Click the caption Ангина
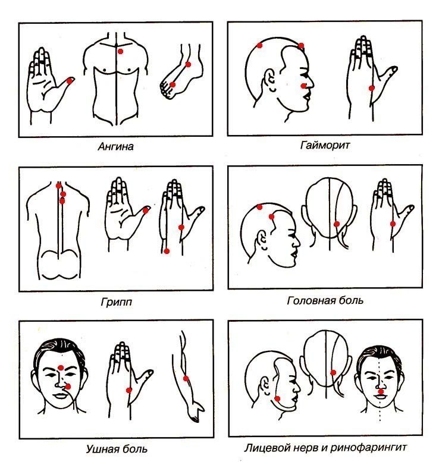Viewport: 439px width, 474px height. (x=116, y=147)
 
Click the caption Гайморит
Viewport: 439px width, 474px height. (x=325, y=145)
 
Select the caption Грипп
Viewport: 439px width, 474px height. (x=117, y=302)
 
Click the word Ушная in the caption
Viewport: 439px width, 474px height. (x=101, y=449)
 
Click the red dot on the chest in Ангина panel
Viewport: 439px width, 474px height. (x=120, y=51)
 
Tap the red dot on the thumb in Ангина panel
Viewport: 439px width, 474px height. (x=70, y=81)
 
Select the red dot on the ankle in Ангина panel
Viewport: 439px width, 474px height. (x=188, y=64)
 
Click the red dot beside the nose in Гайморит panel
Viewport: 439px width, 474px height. (x=303, y=86)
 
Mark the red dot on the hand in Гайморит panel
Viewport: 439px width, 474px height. (x=372, y=88)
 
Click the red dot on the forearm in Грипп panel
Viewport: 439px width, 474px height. (x=167, y=251)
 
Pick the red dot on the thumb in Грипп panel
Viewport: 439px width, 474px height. (x=145, y=211)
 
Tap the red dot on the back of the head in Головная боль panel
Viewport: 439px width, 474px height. (x=337, y=224)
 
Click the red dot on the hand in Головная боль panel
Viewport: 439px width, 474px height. (x=393, y=224)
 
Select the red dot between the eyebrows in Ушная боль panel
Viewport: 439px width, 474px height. (x=61, y=368)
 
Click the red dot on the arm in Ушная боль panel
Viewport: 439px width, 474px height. (x=186, y=378)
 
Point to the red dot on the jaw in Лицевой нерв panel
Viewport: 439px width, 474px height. (x=277, y=398)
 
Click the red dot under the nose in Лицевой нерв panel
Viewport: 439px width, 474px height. (x=381, y=391)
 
